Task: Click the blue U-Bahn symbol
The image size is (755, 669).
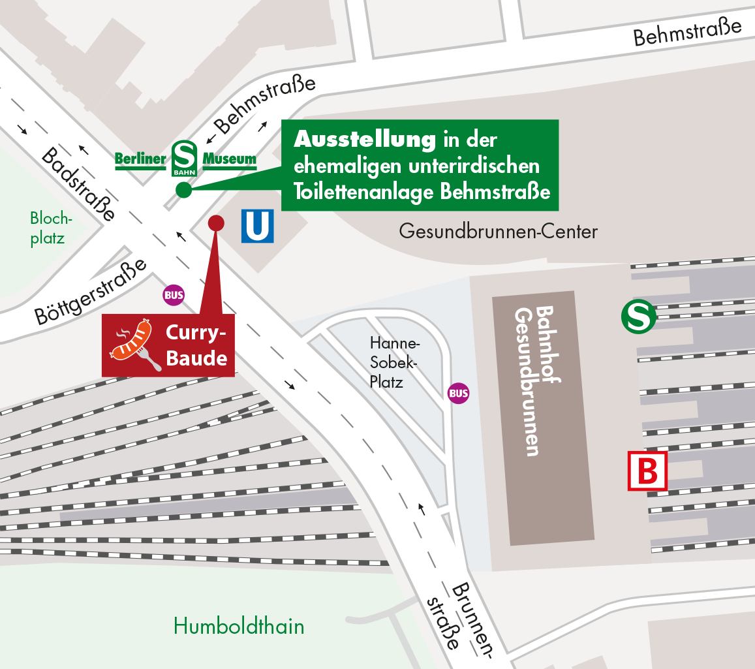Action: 257,226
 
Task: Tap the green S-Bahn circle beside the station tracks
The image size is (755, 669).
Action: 638,317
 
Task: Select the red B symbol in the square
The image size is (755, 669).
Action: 647,470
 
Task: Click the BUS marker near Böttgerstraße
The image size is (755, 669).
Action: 174,295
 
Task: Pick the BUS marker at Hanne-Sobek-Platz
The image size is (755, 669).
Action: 458,393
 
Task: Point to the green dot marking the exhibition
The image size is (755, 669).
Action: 183,190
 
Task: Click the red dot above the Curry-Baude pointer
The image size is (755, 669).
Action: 215,223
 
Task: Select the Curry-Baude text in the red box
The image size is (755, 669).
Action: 196,345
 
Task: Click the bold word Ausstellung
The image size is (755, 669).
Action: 364,139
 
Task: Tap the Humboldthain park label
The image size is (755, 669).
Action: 238,627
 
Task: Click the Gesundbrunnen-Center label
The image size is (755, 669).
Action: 498,232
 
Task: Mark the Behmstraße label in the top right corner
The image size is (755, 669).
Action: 688,32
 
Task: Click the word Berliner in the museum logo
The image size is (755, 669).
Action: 140,159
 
